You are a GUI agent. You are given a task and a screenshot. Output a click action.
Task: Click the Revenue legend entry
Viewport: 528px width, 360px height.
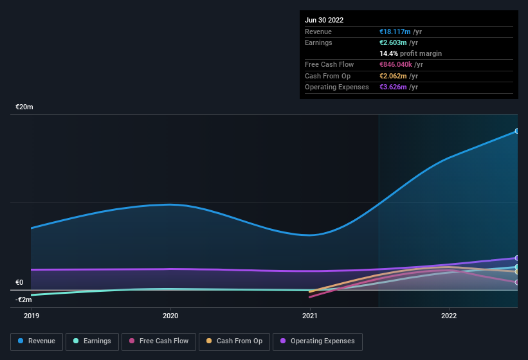[37, 341]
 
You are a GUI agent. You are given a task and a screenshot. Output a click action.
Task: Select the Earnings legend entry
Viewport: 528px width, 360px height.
[93, 341]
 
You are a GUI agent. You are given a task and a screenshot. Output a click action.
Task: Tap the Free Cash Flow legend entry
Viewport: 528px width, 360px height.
[159, 341]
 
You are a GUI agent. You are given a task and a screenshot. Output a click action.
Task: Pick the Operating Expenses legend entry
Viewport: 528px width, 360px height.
[317, 341]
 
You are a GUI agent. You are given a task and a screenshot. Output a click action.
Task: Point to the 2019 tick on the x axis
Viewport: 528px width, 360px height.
[31, 316]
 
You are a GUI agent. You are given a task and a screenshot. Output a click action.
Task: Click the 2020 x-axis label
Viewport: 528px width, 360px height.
[170, 316]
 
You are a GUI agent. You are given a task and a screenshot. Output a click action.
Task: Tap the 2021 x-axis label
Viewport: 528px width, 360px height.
[310, 316]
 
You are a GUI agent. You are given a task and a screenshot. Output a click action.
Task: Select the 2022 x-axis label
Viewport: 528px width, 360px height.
[449, 316]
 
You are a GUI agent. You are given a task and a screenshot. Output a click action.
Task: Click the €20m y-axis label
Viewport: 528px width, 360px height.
[24, 107]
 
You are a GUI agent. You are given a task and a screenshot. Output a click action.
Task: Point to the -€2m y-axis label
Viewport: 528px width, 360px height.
[24, 300]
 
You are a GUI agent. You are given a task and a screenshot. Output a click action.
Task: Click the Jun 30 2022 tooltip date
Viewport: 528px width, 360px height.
[324, 20]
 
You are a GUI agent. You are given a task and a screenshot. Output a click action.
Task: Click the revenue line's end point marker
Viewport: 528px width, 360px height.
[517, 131]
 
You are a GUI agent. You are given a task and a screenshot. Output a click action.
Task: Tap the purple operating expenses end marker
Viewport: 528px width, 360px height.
[517, 258]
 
